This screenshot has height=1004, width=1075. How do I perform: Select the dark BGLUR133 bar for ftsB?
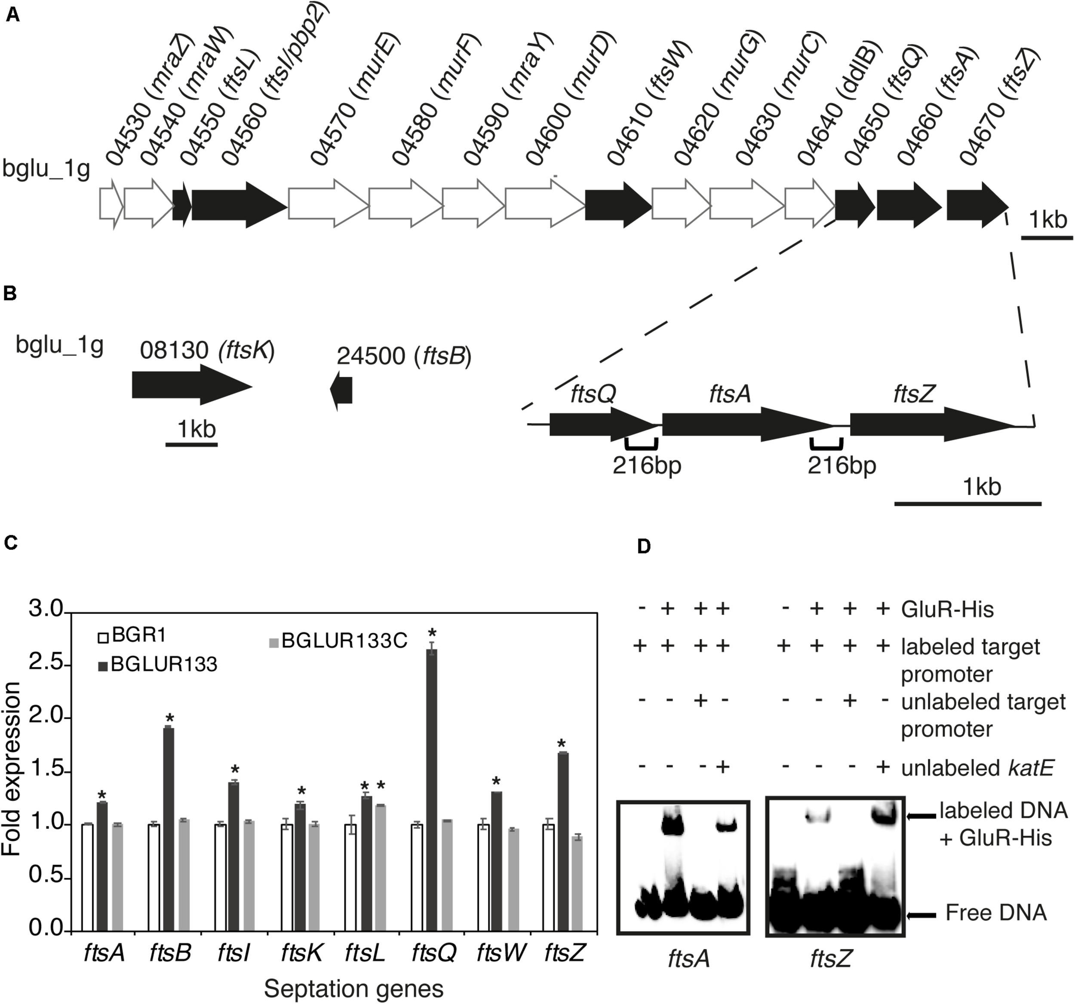click(169, 830)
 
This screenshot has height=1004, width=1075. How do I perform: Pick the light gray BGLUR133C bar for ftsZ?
click(577, 884)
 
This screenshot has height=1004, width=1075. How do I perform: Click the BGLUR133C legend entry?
click(338, 641)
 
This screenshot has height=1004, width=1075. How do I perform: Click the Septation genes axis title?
click(353, 989)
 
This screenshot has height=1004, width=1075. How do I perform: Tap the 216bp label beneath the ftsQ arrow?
click(647, 465)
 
